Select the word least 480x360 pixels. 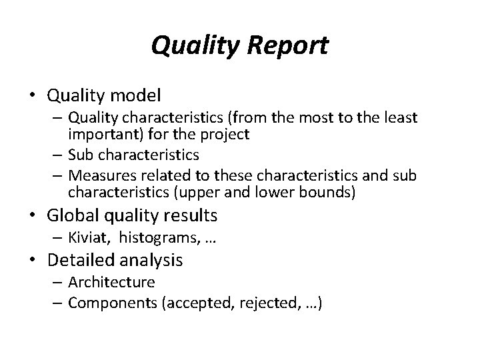tap(399, 118)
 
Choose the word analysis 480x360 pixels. tap(153, 259)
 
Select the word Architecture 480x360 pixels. tap(111, 282)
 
